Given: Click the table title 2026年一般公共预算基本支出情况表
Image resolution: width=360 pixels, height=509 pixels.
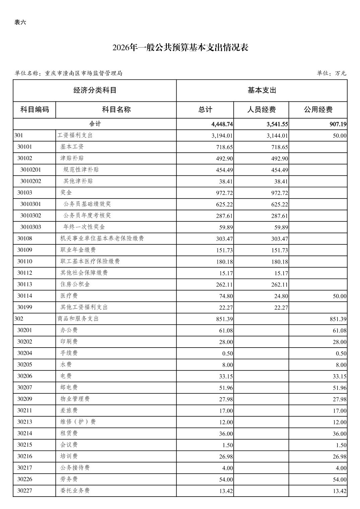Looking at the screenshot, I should tap(180, 48).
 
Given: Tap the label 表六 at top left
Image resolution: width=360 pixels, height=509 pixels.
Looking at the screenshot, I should tap(20, 22).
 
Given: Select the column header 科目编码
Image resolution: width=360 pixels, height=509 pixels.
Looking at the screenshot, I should tap(35, 110).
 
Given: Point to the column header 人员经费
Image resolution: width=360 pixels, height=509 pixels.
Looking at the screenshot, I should tap(261, 110).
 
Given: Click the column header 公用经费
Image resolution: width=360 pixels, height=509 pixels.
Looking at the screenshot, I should tap(318, 110).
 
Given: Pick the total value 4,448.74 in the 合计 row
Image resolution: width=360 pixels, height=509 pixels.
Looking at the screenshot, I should tap(222, 124).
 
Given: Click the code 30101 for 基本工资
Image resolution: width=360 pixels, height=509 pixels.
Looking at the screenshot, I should tap(24, 147).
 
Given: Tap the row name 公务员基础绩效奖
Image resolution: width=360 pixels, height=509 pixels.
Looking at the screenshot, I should tap(87, 204).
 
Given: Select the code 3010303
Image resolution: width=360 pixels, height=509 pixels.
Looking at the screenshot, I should tap(31, 227).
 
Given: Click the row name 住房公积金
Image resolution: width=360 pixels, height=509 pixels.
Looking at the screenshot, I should tap(75, 284).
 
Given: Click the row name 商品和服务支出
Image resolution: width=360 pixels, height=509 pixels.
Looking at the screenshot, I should tap(78, 319).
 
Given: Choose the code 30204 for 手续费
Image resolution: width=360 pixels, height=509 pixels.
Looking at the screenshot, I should tap(24, 353).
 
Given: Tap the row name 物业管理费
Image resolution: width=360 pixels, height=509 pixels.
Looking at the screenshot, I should tap(75, 399).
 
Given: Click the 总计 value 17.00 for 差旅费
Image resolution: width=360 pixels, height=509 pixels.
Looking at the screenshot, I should tap(226, 411).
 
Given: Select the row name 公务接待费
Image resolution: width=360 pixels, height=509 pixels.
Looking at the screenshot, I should tap(75, 468).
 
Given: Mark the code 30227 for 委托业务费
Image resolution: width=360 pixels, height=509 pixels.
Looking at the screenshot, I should tap(24, 491).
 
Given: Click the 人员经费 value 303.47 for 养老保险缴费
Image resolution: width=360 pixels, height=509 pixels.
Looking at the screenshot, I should tap(280, 239).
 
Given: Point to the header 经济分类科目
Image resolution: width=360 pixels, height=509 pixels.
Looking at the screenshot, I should tap(95, 90).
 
